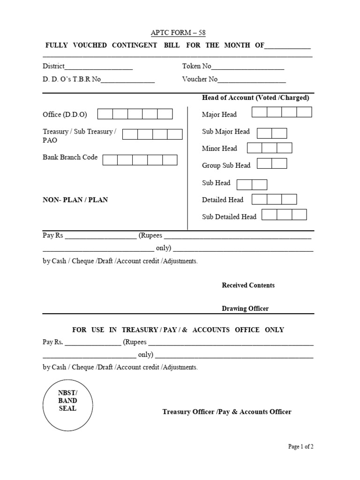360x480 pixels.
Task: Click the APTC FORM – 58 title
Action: (x=178, y=33)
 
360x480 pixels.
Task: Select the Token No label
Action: (x=197, y=67)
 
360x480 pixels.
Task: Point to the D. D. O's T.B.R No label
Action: (x=72, y=79)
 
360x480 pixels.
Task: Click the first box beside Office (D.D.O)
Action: (x=105, y=114)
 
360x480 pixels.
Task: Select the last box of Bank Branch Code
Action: (x=170, y=160)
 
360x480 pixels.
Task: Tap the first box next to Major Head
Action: (x=259, y=112)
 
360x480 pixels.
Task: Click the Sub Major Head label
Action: (x=226, y=131)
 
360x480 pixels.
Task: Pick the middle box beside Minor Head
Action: (x=270, y=148)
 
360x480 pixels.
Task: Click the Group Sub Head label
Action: (x=226, y=165)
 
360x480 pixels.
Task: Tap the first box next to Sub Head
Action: (x=244, y=185)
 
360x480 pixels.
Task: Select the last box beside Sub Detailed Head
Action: (x=299, y=215)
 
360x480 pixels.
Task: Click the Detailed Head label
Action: (x=223, y=200)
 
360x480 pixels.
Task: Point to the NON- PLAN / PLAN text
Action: (x=75, y=200)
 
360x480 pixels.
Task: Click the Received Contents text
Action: (x=248, y=285)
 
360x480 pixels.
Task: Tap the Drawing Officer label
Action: (x=245, y=308)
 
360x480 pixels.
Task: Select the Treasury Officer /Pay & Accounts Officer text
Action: (x=227, y=412)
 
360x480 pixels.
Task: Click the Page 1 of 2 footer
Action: (x=300, y=447)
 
